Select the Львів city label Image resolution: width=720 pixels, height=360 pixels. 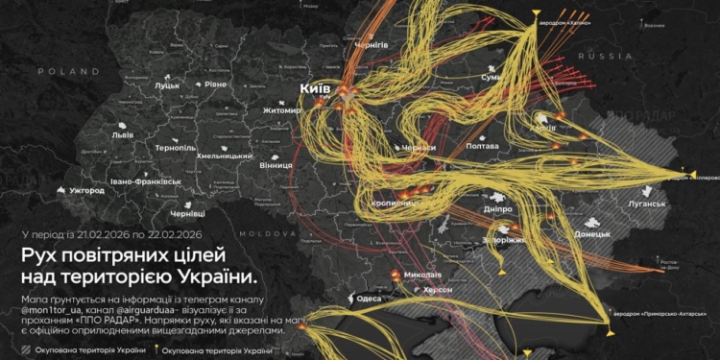pos(123,135)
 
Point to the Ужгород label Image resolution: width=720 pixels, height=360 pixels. pos(86,190)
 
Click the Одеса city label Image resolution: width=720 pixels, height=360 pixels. pos(370,299)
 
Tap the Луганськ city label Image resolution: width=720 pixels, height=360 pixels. pos(647,204)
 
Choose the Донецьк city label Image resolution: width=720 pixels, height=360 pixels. pos(592,233)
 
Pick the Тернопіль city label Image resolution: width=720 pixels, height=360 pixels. pos(176,148)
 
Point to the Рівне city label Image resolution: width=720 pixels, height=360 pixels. pos(215,84)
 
